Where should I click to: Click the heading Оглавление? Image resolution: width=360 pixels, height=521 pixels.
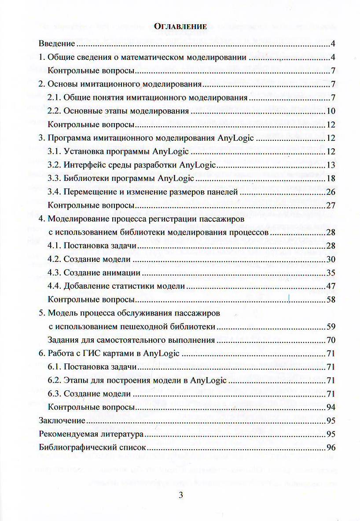(x=180, y=26)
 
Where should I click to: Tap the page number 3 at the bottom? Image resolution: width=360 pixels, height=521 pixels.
(x=180, y=495)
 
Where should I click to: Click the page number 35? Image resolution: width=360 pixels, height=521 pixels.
(x=331, y=273)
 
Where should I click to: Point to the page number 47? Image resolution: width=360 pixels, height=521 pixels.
(x=331, y=286)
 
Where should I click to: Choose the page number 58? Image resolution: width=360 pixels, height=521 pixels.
(x=331, y=300)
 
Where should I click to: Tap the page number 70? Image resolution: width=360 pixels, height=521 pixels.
(x=331, y=340)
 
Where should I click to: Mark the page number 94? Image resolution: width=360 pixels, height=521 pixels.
(x=331, y=407)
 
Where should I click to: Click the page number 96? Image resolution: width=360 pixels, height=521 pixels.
(x=331, y=448)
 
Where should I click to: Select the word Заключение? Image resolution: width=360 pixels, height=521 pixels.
(x=62, y=421)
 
